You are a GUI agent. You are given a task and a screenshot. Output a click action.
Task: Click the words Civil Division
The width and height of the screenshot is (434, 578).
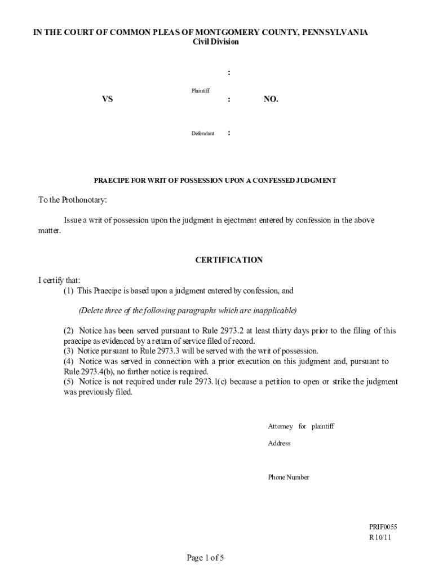pyautogui.click(x=216, y=42)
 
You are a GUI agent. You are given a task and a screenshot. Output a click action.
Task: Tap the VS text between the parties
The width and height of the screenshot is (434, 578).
pyautogui.click(x=107, y=99)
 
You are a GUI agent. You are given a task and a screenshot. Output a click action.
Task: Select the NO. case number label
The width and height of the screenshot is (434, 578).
pyautogui.click(x=271, y=99)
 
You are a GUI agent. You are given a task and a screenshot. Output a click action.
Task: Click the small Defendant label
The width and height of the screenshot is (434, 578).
pyautogui.click(x=202, y=134)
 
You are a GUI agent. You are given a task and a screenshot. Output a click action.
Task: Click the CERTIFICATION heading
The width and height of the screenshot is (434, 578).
pyautogui.click(x=229, y=260)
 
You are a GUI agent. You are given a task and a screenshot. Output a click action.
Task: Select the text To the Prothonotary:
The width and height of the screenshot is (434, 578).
pyautogui.click(x=72, y=200)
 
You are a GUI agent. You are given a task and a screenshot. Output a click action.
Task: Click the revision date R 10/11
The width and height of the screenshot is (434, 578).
pyautogui.click(x=380, y=537)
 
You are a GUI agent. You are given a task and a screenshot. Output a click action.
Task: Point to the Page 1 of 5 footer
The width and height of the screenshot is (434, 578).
pyautogui.click(x=206, y=558)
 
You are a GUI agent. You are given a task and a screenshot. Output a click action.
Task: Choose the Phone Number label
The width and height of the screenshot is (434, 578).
pyautogui.click(x=289, y=477)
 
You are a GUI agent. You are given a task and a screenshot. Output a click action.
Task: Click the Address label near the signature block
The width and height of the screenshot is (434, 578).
pyautogui.click(x=279, y=443)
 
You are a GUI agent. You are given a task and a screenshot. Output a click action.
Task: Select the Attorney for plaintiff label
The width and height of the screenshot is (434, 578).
pyautogui.click(x=301, y=426)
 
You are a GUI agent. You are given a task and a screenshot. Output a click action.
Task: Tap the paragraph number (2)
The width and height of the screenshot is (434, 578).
pyautogui.click(x=69, y=331)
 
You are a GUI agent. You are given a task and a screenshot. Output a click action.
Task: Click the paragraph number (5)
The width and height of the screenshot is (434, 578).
pyautogui.click(x=69, y=382)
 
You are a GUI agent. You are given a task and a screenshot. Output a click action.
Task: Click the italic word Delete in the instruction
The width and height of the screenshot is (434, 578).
pyautogui.click(x=91, y=310)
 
